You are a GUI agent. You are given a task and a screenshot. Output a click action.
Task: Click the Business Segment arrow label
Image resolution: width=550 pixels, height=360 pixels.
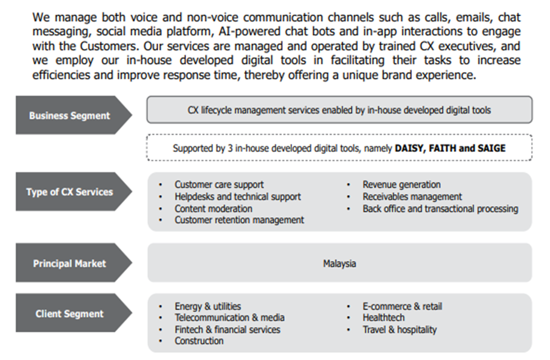pyautogui.click(x=70, y=115)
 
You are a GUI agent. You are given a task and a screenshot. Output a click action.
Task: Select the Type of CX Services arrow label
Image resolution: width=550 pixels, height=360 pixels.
pyautogui.click(x=70, y=192)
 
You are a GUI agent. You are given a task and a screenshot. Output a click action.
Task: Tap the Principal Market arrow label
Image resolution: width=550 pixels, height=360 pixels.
pyautogui.click(x=70, y=263)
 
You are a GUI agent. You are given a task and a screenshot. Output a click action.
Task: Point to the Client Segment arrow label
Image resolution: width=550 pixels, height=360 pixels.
pyautogui.click(x=70, y=314)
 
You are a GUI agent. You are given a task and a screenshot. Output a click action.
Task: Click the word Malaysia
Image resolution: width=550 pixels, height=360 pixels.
pyautogui.click(x=340, y=263)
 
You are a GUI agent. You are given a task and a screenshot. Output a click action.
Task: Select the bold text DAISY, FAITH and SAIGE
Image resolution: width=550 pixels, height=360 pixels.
pyautogui.click(x=450, y=148)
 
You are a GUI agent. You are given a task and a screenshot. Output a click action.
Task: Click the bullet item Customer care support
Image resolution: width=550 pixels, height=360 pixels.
pyautogui.click(x=219, y=184)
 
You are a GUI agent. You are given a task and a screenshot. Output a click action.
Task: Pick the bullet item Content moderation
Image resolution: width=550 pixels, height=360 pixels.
pyautogui.click(x=213, y=208)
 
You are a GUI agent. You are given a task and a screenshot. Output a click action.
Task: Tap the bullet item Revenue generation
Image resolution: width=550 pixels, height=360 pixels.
pyautogui.click(x=401, y=184)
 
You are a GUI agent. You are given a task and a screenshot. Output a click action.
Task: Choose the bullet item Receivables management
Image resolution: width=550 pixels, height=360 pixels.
pyautogui.click(x=412, y=196)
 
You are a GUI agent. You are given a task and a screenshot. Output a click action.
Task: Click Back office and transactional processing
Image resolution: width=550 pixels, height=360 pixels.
pyautogui.click(x=440, y=208)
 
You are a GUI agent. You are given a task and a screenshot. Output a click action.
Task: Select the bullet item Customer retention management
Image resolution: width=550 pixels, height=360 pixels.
pyautogui.click(x=239, y=220)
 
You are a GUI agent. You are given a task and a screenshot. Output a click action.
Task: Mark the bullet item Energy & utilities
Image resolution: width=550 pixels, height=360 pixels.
pyautogui.click(x=208, y=306)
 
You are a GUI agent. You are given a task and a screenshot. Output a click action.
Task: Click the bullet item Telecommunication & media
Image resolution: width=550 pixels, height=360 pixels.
pyautogui.click(x=230, y=318)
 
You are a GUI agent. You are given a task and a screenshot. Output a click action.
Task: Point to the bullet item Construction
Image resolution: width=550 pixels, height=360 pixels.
pyautogui.click(x=199, y=341)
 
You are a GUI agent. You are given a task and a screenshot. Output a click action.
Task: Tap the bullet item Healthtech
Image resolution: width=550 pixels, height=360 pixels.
pyautogui.click(x=384, y=318)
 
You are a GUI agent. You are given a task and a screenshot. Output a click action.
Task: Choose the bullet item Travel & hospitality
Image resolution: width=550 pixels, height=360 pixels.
pyautogui.click(x=400, y=329)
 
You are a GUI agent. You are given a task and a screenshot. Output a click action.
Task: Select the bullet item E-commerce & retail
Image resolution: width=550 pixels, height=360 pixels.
pyautogui.click(x=402, y=306)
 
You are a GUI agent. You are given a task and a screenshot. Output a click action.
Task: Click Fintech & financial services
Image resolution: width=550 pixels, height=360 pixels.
pyautogui.click(x=227, y=329)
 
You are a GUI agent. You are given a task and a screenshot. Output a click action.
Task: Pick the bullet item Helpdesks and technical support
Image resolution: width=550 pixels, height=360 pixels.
pyautogui.click(x=237, y=196)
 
